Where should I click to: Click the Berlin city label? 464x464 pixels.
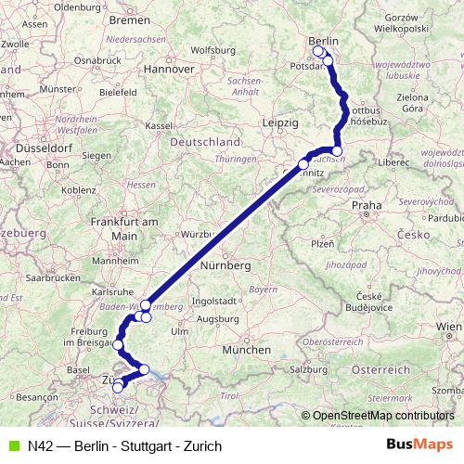coord(324,41)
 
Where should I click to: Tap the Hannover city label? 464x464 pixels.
coord(167,68)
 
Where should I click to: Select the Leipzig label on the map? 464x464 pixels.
coord(279,122)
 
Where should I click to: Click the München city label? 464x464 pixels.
coord(246,350)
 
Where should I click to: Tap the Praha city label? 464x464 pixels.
coord(367,205)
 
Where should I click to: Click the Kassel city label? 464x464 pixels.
coord(160,125)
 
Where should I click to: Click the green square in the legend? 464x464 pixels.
coord(12,445)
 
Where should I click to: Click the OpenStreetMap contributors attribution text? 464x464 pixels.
coord(382,415)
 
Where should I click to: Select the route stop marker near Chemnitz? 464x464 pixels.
coord(303,164)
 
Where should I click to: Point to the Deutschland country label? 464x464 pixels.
coord(207,142)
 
